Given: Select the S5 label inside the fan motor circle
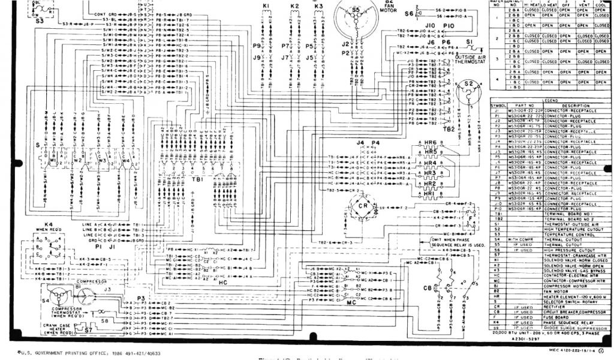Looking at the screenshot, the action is point(356,10).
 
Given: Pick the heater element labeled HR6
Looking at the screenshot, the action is point(431,143).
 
